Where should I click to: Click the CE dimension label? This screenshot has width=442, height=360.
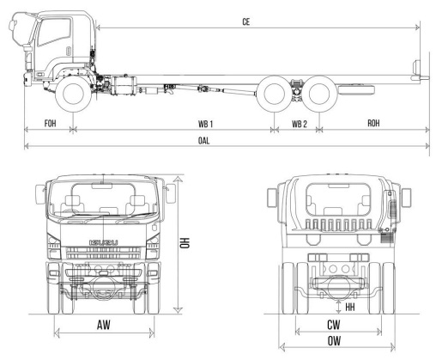coord(246,22)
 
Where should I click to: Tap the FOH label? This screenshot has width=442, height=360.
coord(51,124)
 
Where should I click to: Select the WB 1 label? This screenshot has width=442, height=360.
coord(205,124)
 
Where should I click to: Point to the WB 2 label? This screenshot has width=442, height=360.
coord(300,124)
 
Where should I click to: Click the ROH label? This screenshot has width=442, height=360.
coord(373,123)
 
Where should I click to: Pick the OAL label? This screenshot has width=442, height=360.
coord(203,141)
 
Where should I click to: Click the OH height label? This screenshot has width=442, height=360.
coord(185,243)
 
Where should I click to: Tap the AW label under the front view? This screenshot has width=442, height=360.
coord(104,325)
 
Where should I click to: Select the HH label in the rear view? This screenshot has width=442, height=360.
coord(350,308)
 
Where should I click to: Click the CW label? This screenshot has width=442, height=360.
coord(334,325)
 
